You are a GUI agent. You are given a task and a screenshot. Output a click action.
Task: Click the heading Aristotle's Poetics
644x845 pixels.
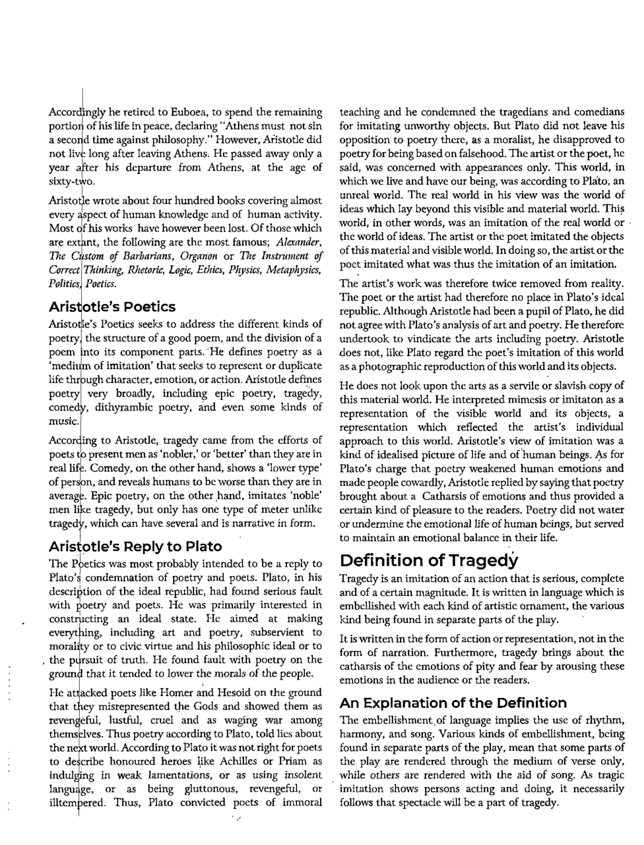(x=112, y=306)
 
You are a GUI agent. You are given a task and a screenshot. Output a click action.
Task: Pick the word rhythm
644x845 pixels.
(x=605, y=720)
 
